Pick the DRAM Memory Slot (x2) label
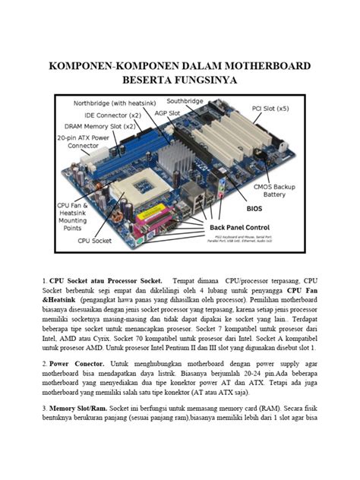pyautogui.click(x=100, y=125)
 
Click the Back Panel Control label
pyautogui.click(x=240, y=226)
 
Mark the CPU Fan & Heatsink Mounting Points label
pyautogui.click(x=75, y=216)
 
